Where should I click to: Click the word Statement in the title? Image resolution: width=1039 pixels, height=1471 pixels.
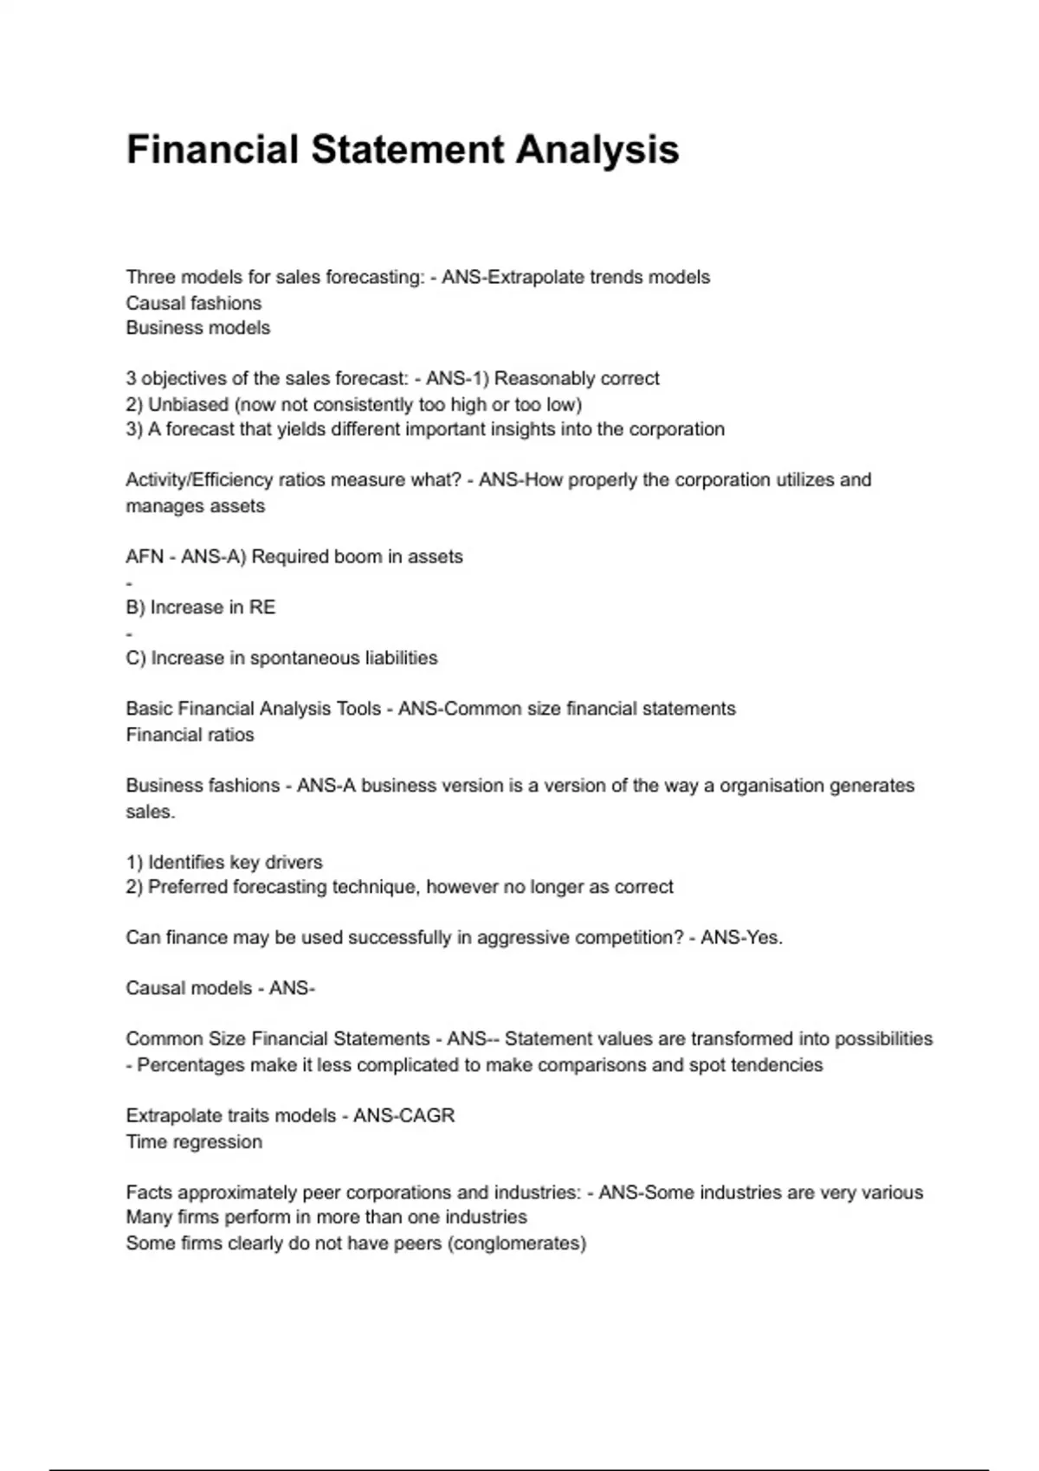click(x=407, y=150)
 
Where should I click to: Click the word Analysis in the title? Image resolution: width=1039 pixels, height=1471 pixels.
click(x=597, y=150)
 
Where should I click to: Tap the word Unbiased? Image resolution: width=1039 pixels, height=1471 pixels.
click(x=188, y=405)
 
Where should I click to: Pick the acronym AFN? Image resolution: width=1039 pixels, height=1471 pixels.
click(x=145, y=557)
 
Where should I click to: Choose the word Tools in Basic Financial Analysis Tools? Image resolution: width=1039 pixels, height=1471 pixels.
click(x=358, y=710)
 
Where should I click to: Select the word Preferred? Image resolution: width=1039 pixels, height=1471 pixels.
click(x=188, y=888)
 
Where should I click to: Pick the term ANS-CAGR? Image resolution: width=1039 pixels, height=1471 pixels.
click(x=404, y=1116)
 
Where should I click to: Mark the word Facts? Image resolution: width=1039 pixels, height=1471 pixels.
click(x=149, y=1193)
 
